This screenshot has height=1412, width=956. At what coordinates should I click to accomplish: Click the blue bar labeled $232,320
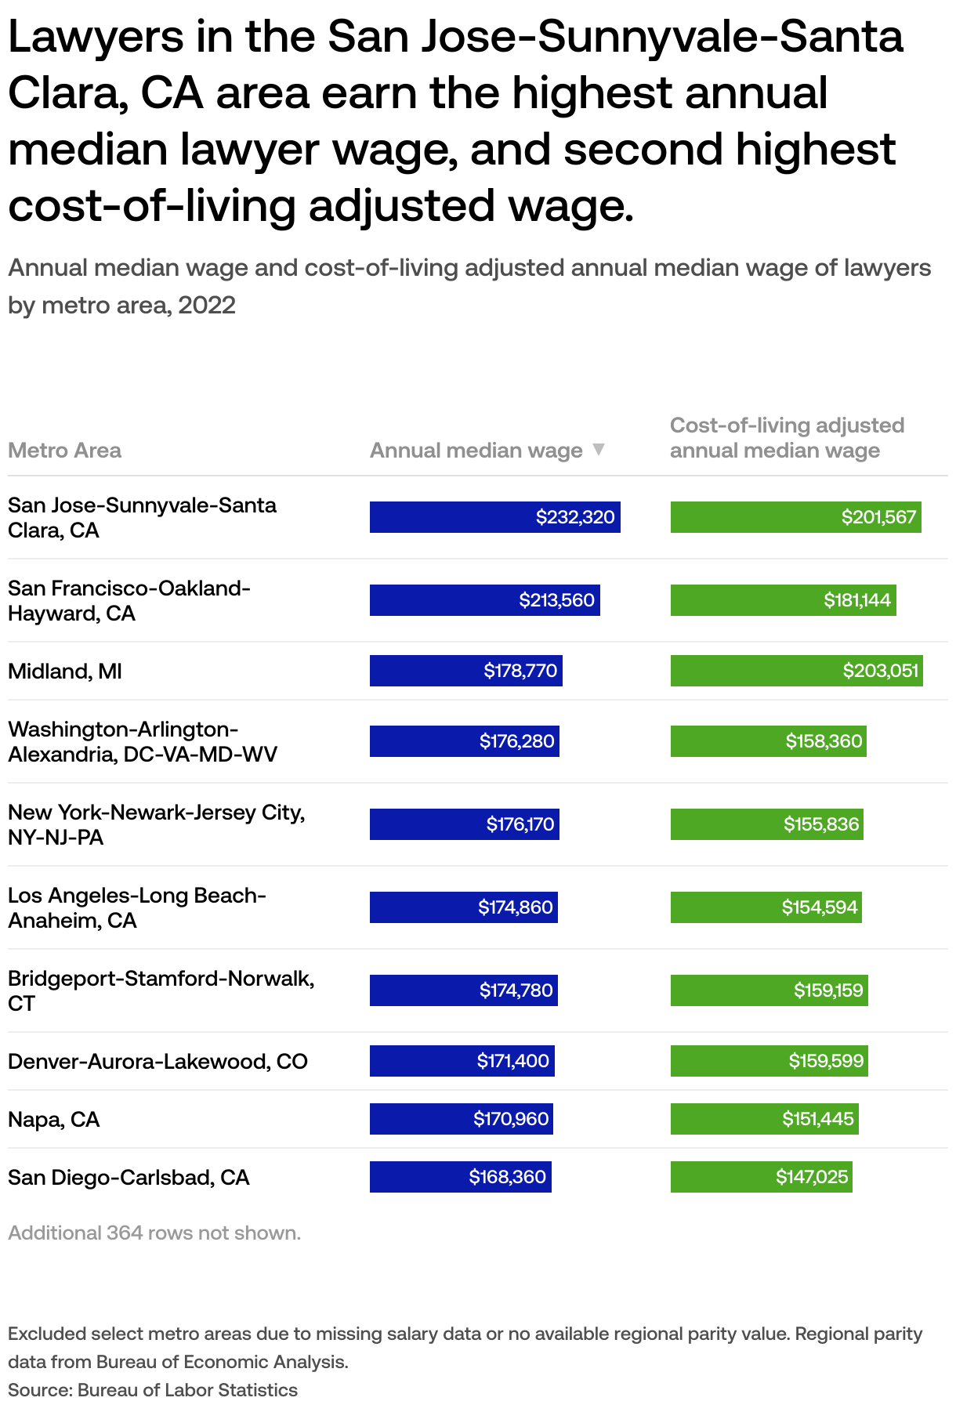(x=494, y=517)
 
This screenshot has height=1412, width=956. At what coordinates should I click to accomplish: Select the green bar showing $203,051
(x=796, y=671)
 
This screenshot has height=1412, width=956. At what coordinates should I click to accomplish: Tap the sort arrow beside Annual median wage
(x=599, y=450)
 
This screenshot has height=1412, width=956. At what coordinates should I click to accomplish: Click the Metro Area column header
(x=64, y=451)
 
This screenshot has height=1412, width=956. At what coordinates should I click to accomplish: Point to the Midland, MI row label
(x=65, y=672)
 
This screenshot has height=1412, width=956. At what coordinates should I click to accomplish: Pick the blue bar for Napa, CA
(x=461, y=1119)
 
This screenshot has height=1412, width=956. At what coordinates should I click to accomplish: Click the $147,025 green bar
(x=761, y=1177)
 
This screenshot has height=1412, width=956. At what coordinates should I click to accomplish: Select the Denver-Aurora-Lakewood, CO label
(x=158, y=1062)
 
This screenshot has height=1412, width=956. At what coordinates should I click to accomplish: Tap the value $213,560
(x=556, y=600)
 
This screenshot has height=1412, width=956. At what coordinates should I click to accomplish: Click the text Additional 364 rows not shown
(x=154, y=1233)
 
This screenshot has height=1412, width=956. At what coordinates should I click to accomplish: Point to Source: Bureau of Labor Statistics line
(x=153, y=1390)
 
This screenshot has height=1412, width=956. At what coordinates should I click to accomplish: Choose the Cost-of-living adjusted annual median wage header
(x=787, y=438)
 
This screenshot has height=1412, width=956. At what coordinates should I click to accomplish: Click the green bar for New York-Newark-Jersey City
(x=766, y=824)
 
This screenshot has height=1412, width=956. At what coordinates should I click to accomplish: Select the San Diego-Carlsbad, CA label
(x=129, y=1178)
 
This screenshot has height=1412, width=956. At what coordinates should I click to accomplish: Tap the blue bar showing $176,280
(x=464, y=741)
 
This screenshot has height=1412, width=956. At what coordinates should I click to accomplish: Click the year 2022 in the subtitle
(x=207, y=305)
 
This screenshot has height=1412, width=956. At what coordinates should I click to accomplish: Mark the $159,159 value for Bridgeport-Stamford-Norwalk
(x=828, y=990)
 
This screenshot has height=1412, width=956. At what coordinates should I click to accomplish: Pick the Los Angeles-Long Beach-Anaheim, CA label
(x=137, y=907)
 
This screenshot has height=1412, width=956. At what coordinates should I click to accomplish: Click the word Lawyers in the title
(x=96, y=37)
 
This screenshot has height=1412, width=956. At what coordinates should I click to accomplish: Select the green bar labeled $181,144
(x=783, y=600)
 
